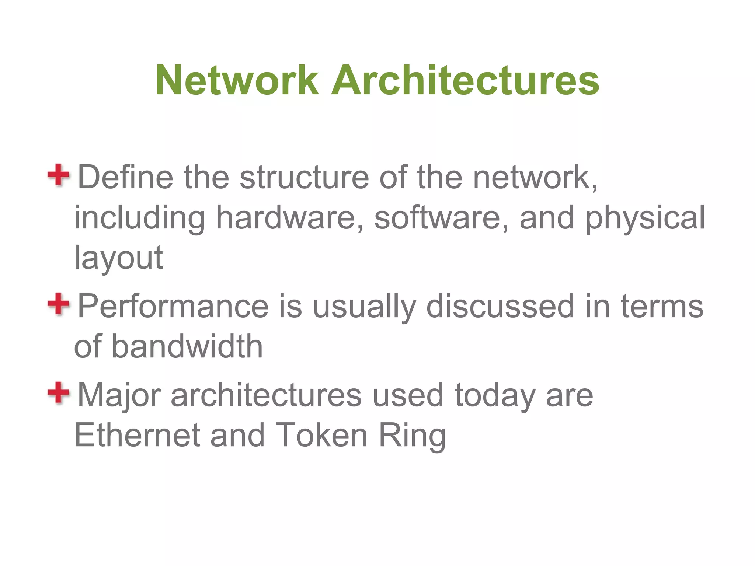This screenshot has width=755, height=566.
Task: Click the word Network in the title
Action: (x=237, y=80)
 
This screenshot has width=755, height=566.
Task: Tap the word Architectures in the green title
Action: (x=465, y=80)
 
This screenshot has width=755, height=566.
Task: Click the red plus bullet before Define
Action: (x=58, y=175)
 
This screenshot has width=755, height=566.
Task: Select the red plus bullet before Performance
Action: (x=58, y=304)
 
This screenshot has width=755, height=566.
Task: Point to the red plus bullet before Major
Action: (x=58, y=393)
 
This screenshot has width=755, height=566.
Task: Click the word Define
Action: (x=125, y=177)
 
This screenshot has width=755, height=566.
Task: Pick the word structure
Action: (x=304, y=177)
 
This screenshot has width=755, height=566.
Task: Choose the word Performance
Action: (x=173, y=306)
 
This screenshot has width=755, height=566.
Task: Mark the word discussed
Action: (x=500, y=306)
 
